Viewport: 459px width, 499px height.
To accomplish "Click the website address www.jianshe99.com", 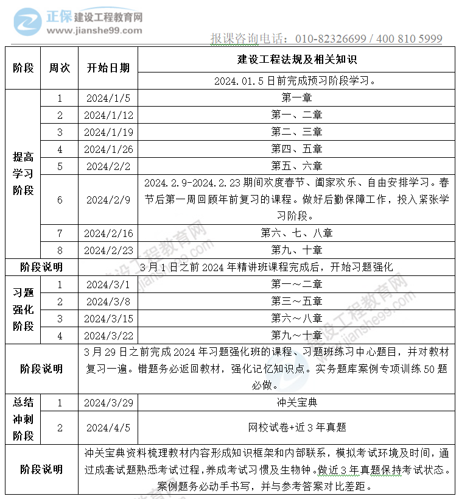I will [x=94, y=30].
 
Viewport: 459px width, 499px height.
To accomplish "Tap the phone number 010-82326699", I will [x=331, y=39].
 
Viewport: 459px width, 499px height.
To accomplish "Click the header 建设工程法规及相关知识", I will [x=296, y=60].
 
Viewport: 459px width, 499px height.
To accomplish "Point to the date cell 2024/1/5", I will [x=108, y=98].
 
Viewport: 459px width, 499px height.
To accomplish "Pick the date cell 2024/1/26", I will [x=108, y=149].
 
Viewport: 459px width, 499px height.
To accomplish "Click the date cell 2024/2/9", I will [x=108, y=200].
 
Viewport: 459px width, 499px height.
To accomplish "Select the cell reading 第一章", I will [x=296, y=98].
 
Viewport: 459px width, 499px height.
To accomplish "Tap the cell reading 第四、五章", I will [x=296, y=149].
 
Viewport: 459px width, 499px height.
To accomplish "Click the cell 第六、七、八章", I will [x=296, y=233].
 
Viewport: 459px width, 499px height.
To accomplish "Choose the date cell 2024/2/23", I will [x=108, y=250].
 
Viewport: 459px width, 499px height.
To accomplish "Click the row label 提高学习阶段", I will [x=23, y=174].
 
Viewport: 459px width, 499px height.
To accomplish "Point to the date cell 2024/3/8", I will [x=108, y=301].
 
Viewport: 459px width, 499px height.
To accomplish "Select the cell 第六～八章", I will [x=296, y=318].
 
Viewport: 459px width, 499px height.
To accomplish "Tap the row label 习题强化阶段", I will [x=23, y=310].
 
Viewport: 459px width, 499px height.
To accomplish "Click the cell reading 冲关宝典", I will [x=296, y=403].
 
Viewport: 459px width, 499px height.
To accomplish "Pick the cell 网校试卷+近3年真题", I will [x=296, y=428].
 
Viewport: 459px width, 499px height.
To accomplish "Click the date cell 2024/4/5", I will [x=108, y=428].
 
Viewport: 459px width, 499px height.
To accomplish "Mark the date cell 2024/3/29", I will [x=108, y=403].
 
